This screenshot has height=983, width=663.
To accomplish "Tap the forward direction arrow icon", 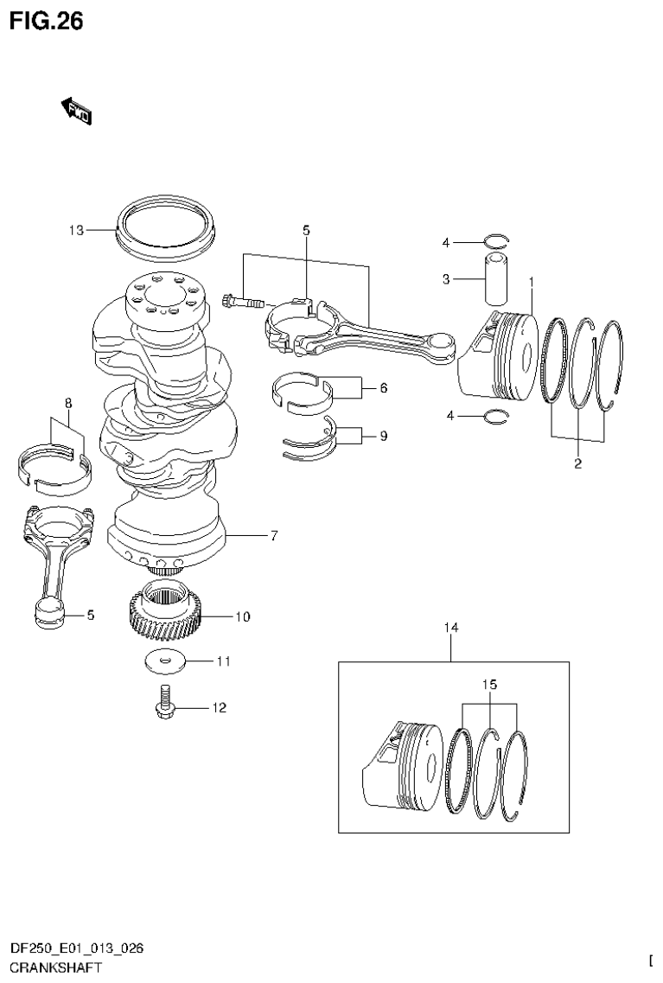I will point(77,111).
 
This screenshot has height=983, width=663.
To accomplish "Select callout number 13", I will point(77,230).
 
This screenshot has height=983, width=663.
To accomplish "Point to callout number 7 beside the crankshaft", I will point(273,536).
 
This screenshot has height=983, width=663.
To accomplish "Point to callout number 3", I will point(447,278).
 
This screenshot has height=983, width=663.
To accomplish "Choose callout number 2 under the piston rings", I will point(577,464).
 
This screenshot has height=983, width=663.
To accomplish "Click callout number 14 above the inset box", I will point(449,628).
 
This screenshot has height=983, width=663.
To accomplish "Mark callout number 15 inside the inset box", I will point(490,685).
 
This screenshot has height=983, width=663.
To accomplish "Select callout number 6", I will point(382,388).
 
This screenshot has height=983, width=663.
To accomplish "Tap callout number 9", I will point(382,436).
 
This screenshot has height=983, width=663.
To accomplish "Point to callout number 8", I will point(67,403).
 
